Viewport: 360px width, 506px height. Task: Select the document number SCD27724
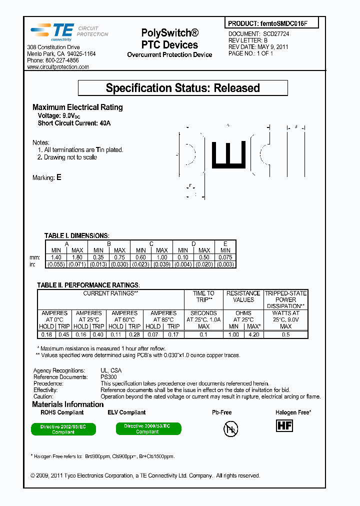pos(276,33)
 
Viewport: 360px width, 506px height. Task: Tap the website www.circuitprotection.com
pos(58,67)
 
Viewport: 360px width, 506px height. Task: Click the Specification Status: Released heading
pos(182,88)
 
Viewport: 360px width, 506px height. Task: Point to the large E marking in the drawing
pos(228,153)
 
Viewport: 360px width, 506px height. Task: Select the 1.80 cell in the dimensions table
pos(77,257)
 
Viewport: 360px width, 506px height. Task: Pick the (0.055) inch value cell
pos(56,264)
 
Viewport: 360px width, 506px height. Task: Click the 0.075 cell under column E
pos(225,257)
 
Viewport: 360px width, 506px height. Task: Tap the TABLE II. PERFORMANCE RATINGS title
pos(88,284)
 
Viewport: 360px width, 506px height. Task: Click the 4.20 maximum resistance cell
pos(253,334)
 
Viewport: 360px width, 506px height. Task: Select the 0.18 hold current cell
pos(46,334)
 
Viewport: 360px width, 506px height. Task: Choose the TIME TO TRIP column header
pos(203,296)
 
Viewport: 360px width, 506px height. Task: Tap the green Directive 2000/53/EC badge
pos(147,428)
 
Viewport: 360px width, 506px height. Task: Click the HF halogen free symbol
pos(284,425)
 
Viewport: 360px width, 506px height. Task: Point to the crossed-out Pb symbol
pos(230,428)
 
